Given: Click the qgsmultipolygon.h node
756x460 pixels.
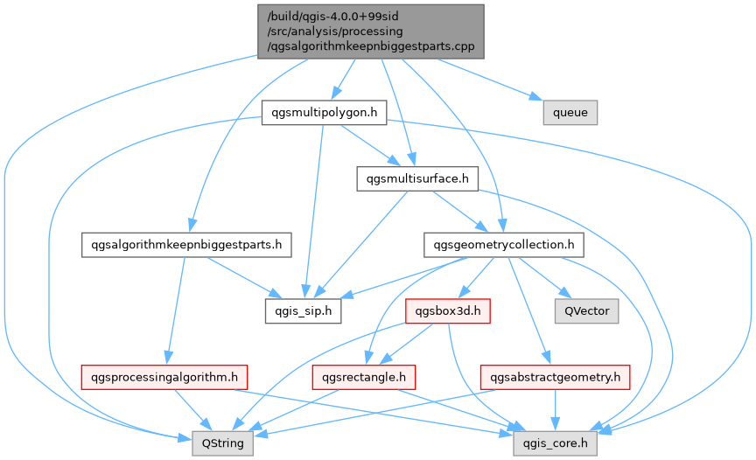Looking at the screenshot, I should tap(325, 113).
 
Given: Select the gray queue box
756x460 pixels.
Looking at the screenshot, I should tap(570, 113).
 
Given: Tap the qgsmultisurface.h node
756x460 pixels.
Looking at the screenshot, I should tap(416, 179).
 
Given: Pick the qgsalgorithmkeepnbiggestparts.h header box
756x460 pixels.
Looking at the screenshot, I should tap(185, 244).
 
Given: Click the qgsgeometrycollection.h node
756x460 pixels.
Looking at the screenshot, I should tap(499, 244).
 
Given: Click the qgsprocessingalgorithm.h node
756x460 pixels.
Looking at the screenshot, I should tap(163, 377).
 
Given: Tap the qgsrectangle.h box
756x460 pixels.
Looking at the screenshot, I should tap(362, 377).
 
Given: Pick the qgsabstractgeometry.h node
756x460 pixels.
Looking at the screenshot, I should tap(555, 377).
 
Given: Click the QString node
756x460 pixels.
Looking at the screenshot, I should tap(223, 443).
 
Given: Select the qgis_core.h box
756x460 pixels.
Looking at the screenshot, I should tap(556, 443).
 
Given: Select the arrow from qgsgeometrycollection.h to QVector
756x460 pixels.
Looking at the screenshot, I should tap(547, 280).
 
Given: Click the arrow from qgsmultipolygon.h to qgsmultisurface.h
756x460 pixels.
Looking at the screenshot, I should tap(367, 144).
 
